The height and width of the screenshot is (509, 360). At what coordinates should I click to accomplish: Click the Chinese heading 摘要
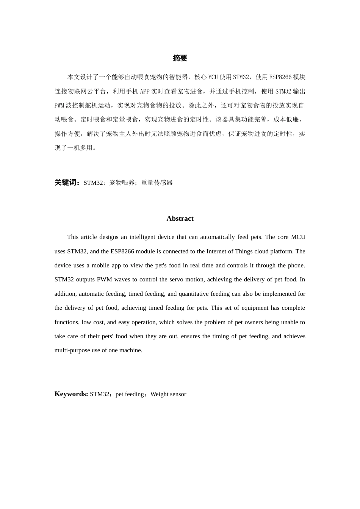tap(180, 58)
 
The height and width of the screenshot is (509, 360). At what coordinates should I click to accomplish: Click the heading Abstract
tap(180, 219)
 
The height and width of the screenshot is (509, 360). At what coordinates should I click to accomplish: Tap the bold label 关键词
tap(67, 183)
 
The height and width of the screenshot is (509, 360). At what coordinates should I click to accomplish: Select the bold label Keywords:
tap(71, 394)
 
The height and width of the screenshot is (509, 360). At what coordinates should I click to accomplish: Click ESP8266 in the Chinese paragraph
tap(280, 77)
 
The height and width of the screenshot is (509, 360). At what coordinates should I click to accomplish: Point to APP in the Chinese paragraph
tap(145, 91)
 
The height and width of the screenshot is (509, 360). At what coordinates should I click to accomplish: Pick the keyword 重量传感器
tap(157, 183)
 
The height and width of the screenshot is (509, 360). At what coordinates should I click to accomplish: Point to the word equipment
tap(255, 308)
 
